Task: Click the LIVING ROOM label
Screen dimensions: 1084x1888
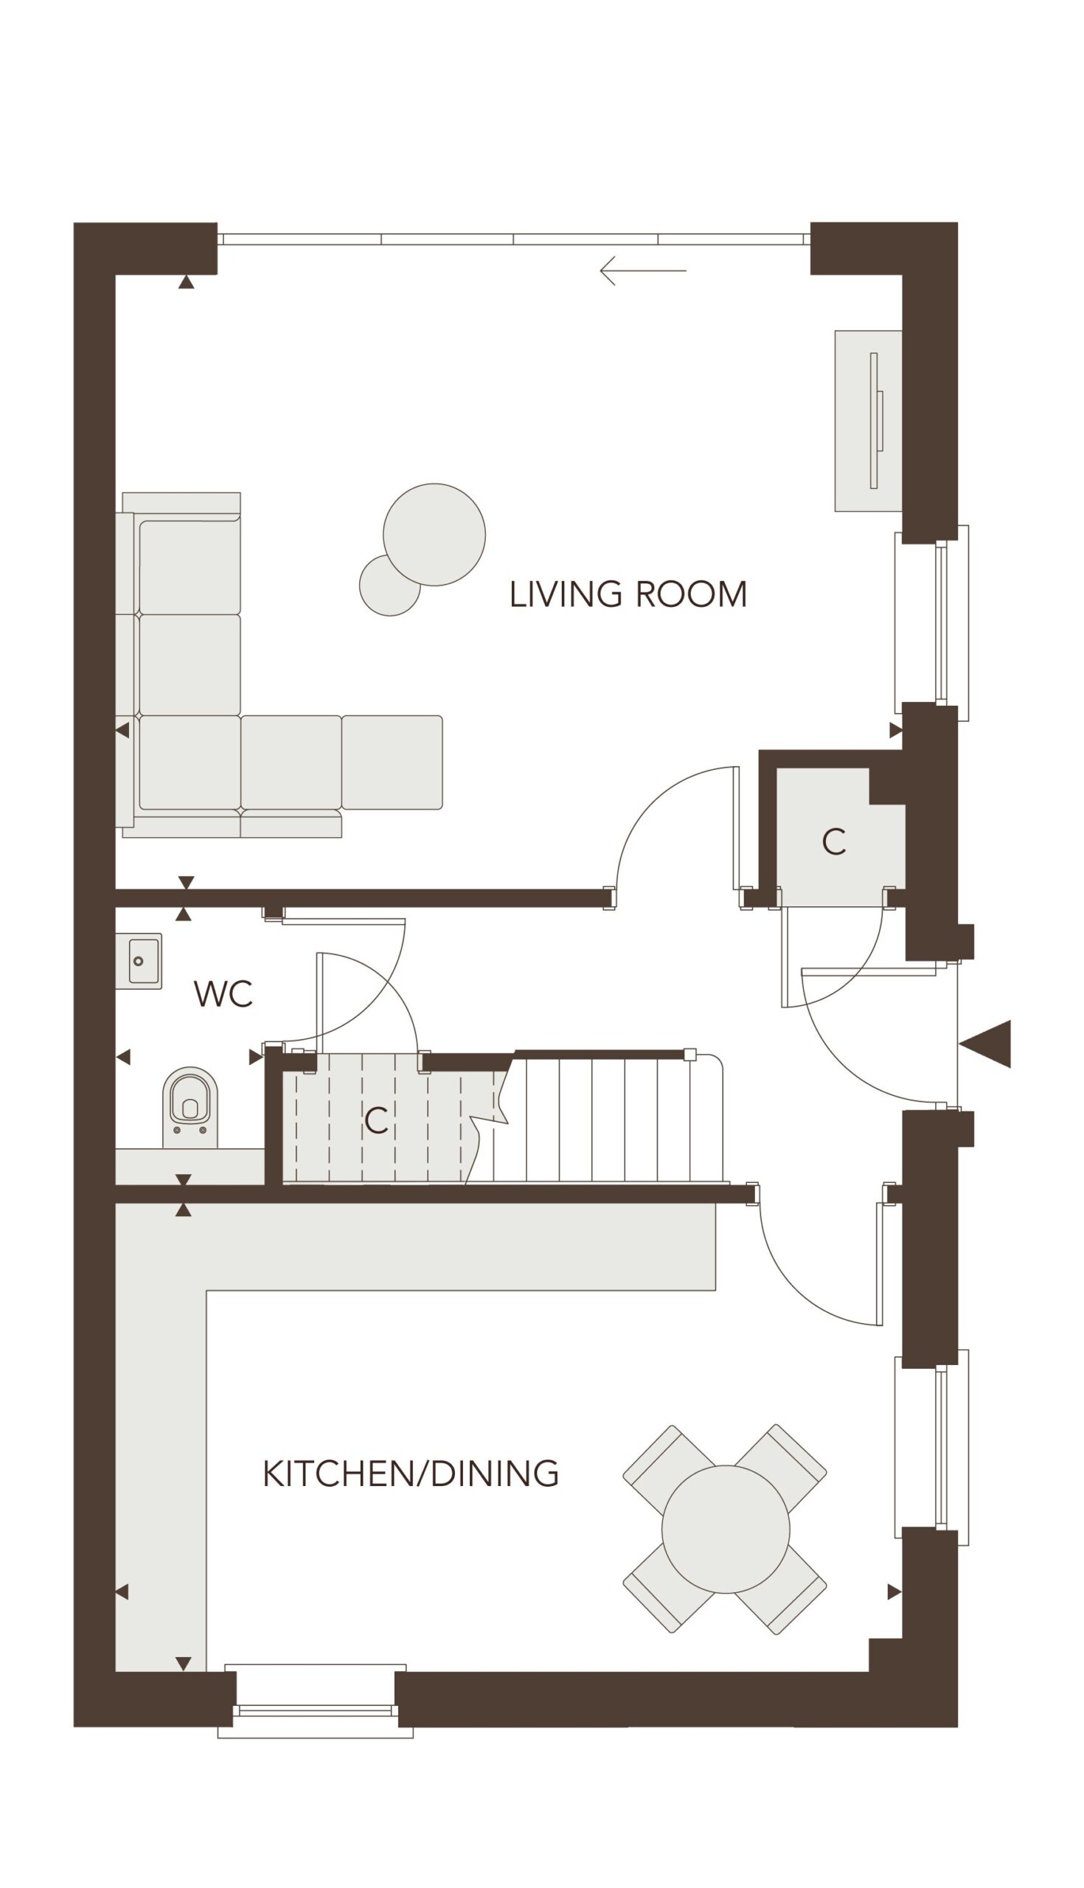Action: pos(628,594)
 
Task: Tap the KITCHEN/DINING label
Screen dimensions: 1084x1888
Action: pos(411,1474)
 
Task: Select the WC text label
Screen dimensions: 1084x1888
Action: pos(223,994)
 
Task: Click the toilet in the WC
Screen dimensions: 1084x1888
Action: pos(190,1107)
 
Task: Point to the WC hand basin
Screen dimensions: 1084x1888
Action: pos(139,961)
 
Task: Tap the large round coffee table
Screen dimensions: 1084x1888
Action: pos(434,534)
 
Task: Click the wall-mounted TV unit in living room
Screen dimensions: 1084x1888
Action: pos(869,420)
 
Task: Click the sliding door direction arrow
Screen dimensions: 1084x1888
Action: pos(642,270)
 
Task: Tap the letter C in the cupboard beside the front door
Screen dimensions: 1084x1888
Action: pos(834,842)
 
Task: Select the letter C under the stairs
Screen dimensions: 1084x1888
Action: pos(376,1120)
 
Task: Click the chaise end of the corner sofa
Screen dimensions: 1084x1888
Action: pos(392,763)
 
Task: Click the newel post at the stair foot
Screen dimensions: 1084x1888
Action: pos(689,1054)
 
